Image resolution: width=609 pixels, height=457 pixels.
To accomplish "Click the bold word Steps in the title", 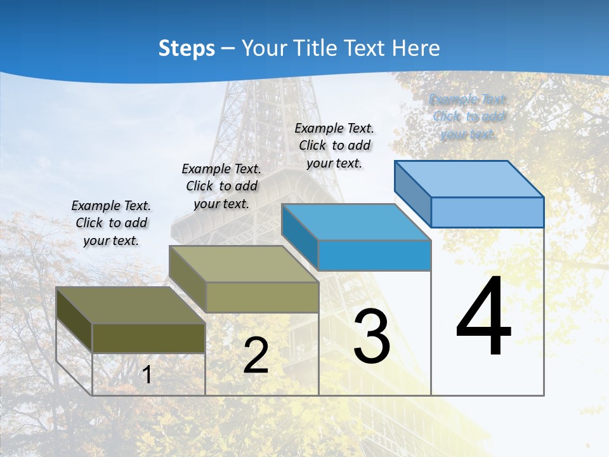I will [187, 48].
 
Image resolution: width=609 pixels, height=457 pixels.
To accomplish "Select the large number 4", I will [483, 317].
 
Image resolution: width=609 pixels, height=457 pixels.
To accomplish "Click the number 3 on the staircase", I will [372, 336].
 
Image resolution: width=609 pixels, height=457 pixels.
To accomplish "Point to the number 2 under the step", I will [256, 356].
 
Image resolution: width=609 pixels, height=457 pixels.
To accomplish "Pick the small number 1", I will [147, 375].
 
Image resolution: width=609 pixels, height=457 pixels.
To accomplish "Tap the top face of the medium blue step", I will [356, 222].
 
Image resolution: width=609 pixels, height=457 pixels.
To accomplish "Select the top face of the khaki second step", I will [244, 263].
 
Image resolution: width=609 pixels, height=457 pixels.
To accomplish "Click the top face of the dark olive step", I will [131, 305].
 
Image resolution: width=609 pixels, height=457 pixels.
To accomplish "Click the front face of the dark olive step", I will [148, 338].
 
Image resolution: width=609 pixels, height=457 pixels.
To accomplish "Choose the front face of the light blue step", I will [487, 212].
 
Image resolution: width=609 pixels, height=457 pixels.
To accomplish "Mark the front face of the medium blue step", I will [374, 255].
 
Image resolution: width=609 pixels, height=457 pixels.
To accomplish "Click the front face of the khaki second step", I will [261, 297].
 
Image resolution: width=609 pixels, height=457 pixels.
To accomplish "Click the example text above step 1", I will [111, 223].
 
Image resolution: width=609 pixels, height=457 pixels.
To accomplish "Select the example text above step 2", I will [221, 186].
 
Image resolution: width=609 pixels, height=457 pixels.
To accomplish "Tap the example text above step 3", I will [334, 145].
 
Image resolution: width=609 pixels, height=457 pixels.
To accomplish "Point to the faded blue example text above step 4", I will [468, 117].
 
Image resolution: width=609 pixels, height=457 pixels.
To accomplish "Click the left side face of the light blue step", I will [412, 194].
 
